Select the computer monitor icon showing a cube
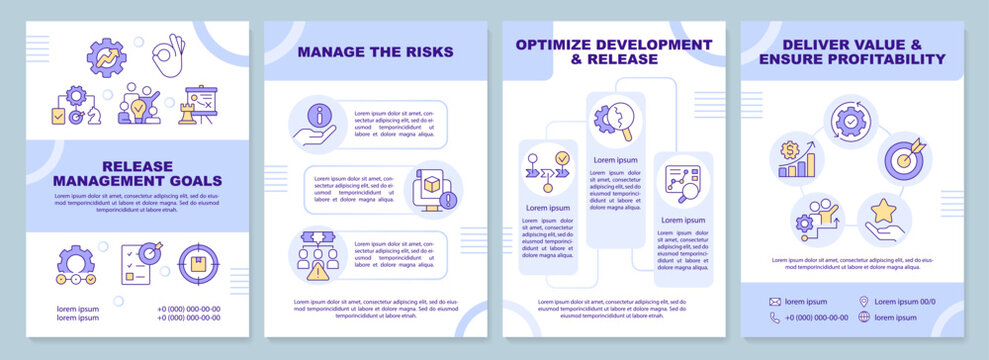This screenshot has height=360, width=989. [432, 189]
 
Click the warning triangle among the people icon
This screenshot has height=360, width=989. [318, 270]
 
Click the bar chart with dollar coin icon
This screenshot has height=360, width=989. [796, 159]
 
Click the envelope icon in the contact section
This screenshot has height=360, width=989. [775, 301]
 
